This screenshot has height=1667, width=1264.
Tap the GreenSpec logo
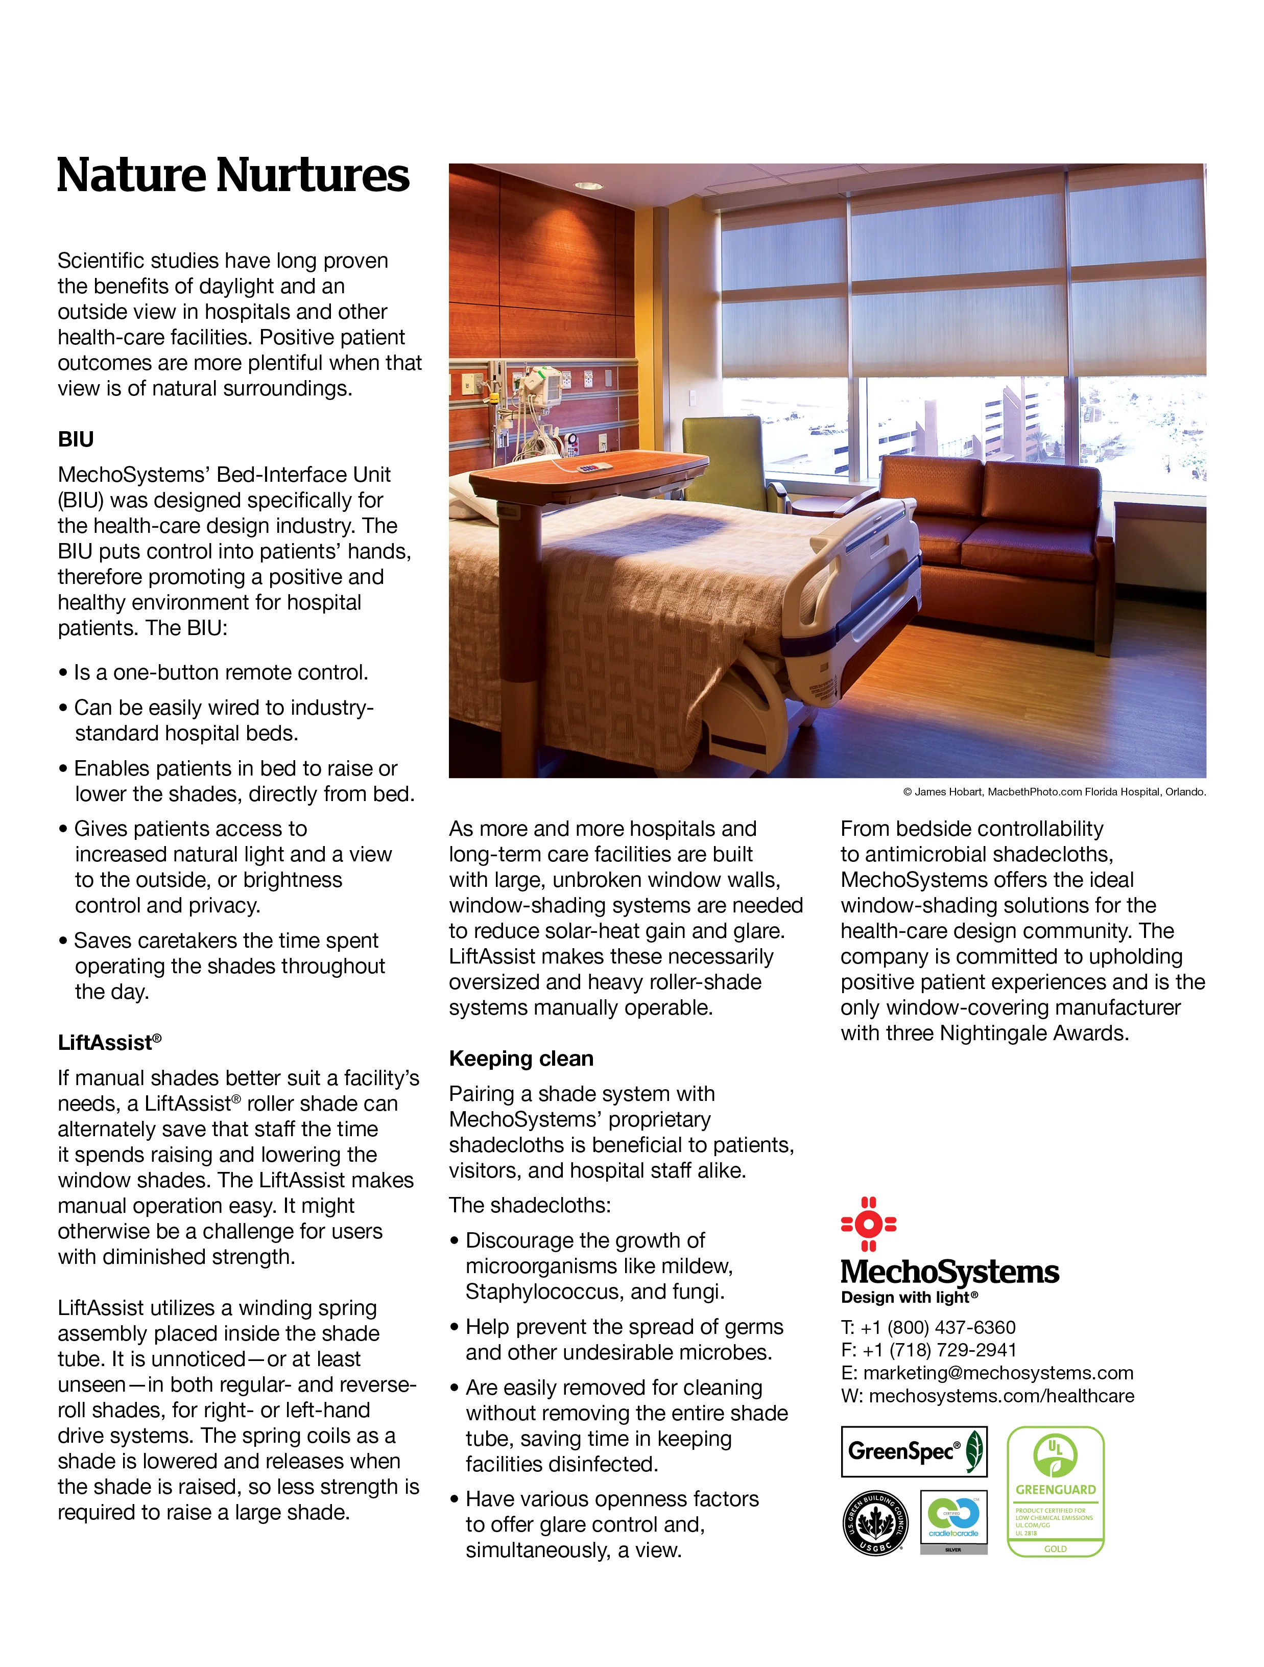coord(914,1451)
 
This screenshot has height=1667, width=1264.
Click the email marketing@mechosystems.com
coord(997,1373)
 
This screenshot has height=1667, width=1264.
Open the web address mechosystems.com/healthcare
coord(1001,1396)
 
